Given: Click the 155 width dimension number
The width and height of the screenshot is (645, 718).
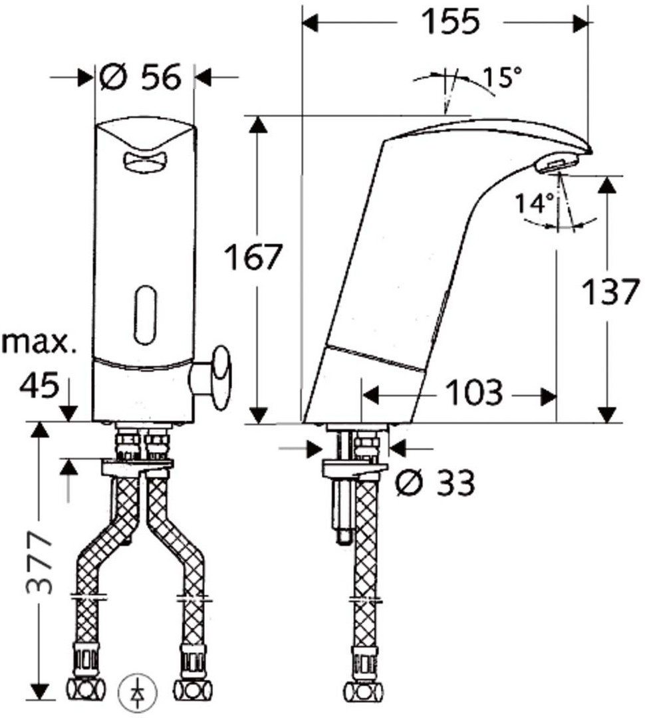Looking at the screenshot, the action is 450,21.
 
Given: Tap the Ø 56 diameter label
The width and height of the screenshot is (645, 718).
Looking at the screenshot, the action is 140,76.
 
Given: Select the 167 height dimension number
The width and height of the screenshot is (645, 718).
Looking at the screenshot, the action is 253,257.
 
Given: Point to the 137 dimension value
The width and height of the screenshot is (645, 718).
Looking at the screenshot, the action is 610,291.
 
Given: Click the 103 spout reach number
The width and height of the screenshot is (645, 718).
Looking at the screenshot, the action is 474,392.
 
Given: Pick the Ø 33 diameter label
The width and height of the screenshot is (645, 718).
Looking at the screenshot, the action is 435,482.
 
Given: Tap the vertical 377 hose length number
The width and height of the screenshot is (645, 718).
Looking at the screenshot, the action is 40,563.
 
